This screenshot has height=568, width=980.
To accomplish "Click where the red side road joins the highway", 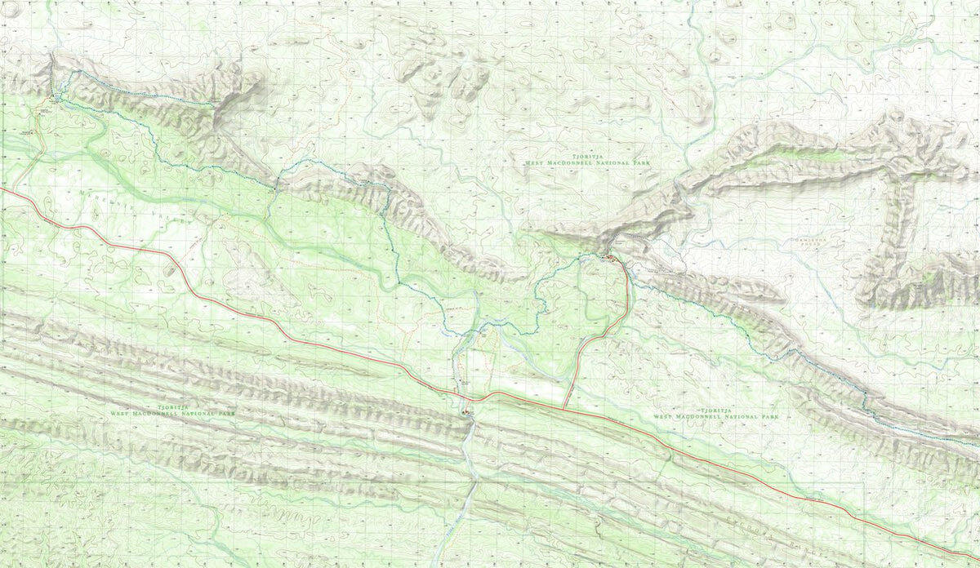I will tap(564, 406).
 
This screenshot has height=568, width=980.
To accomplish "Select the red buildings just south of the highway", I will tap(467, 413).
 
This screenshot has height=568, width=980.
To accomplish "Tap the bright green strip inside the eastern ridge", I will tap(825, 155).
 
